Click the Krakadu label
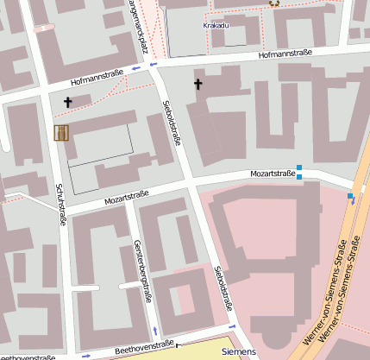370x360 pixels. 216,26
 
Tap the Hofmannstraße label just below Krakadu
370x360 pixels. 284,54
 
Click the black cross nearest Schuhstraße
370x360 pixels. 68,102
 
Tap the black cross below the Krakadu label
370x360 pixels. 198,84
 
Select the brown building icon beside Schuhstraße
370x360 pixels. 61,132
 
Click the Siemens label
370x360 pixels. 238,352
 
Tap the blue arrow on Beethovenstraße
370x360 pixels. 85,355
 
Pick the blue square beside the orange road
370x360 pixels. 350,197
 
